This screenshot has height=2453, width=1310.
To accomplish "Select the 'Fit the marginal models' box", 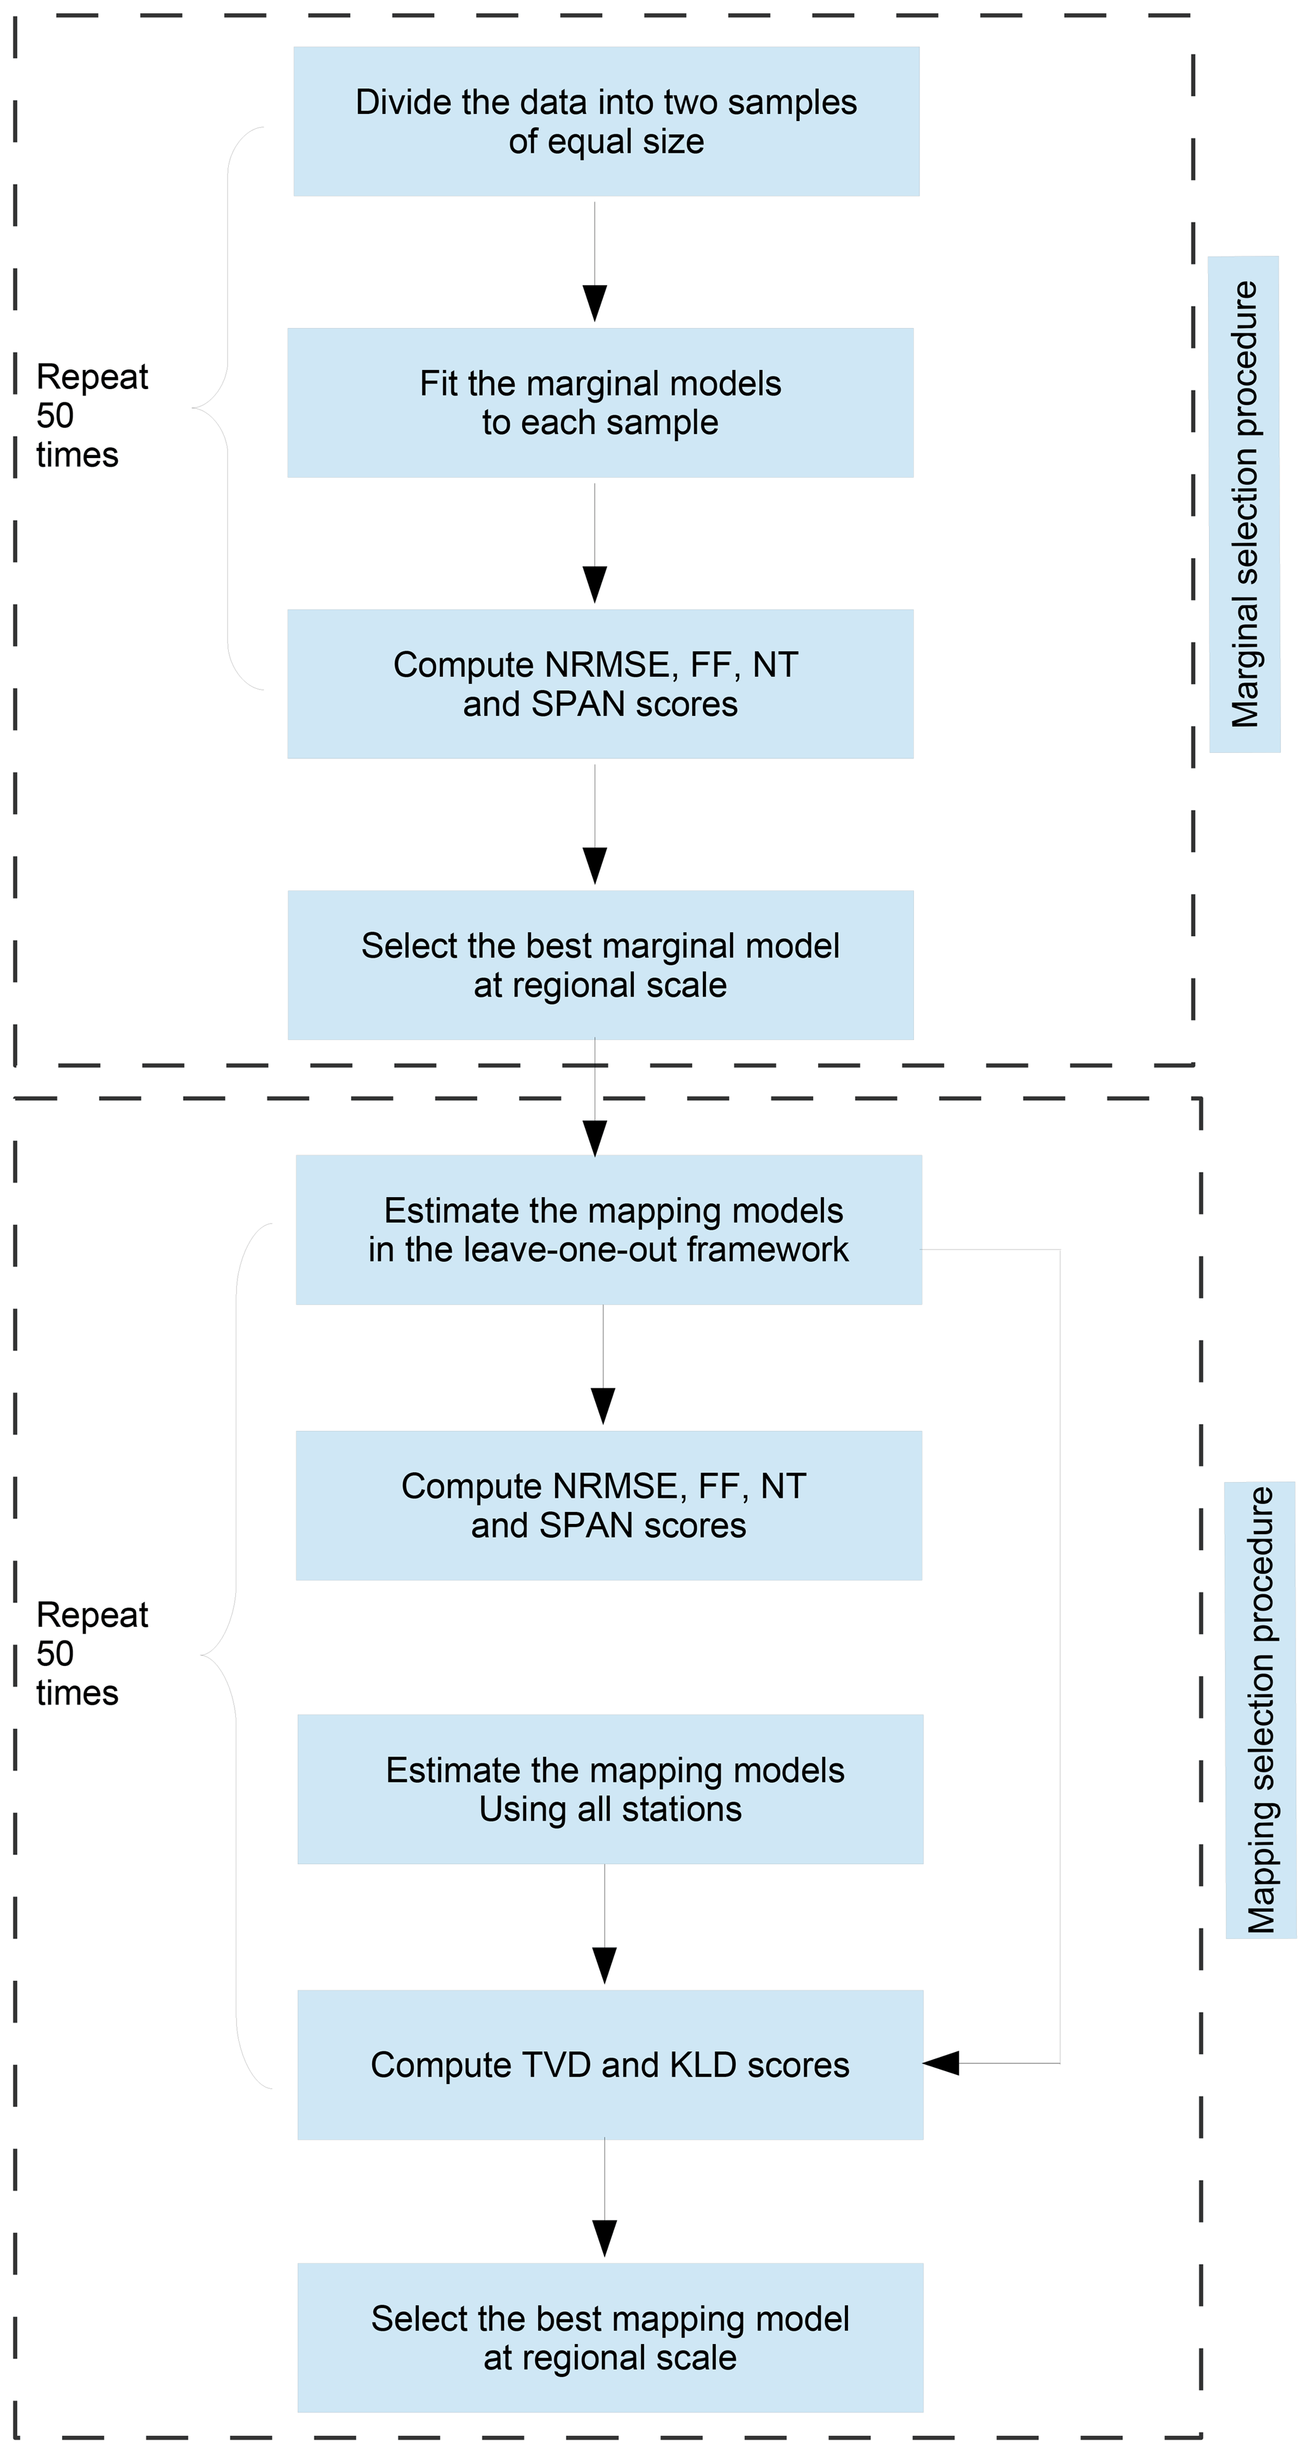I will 600,403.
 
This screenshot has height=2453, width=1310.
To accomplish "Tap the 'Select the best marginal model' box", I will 600,964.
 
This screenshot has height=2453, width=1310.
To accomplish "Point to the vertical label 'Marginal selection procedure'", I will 1244,504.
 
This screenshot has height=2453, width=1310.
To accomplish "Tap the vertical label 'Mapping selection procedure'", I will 1261,1710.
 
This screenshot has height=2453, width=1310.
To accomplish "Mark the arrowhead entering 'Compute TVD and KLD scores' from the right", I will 942,2063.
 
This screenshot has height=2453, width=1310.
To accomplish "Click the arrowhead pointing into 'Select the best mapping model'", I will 605,2238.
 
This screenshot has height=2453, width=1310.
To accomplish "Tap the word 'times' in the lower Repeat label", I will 77,1693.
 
